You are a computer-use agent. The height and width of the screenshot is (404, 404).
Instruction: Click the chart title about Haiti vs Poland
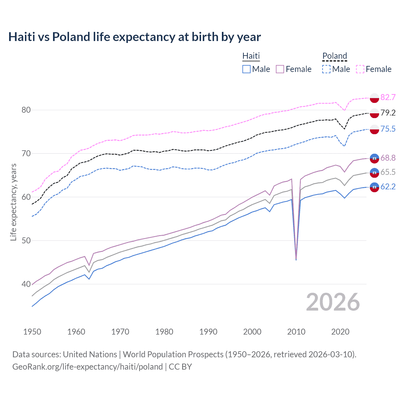pos(134,37)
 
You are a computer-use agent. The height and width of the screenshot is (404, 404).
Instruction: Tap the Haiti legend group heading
pos(251,56)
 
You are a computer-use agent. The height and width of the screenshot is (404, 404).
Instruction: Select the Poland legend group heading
pos(335,56)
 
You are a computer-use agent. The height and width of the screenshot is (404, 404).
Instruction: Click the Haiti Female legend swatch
pos(280,69)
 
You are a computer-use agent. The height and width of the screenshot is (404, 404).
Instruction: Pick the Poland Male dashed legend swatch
pos(326,69)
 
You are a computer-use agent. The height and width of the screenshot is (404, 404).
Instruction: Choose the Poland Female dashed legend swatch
pos(360,69)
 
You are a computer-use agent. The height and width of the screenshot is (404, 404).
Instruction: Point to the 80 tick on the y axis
pos(26,110)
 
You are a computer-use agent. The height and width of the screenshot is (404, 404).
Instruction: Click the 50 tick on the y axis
pos(26,241)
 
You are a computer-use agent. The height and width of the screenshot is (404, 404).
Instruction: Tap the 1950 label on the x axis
pos(32,332)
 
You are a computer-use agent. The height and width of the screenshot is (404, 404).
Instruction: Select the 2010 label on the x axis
pos(296,332)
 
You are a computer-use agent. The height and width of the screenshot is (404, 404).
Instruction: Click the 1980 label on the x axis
pos(164,332)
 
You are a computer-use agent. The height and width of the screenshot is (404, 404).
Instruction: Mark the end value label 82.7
pos(388,97)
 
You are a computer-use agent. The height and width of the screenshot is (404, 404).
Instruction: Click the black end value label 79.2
pos(388,113)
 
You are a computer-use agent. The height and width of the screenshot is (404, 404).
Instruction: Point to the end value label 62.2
pos(388,187)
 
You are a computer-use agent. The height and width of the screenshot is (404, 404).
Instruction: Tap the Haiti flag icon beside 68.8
pos(374,158)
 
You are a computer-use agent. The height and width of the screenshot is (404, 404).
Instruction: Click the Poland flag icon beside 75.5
pos(374,129)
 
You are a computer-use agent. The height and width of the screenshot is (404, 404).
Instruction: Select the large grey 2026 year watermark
pos(333,302)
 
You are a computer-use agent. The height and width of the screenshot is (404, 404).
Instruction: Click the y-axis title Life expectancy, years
pos(13,202)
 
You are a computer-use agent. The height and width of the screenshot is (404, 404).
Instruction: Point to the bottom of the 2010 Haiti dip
pos(296,259)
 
